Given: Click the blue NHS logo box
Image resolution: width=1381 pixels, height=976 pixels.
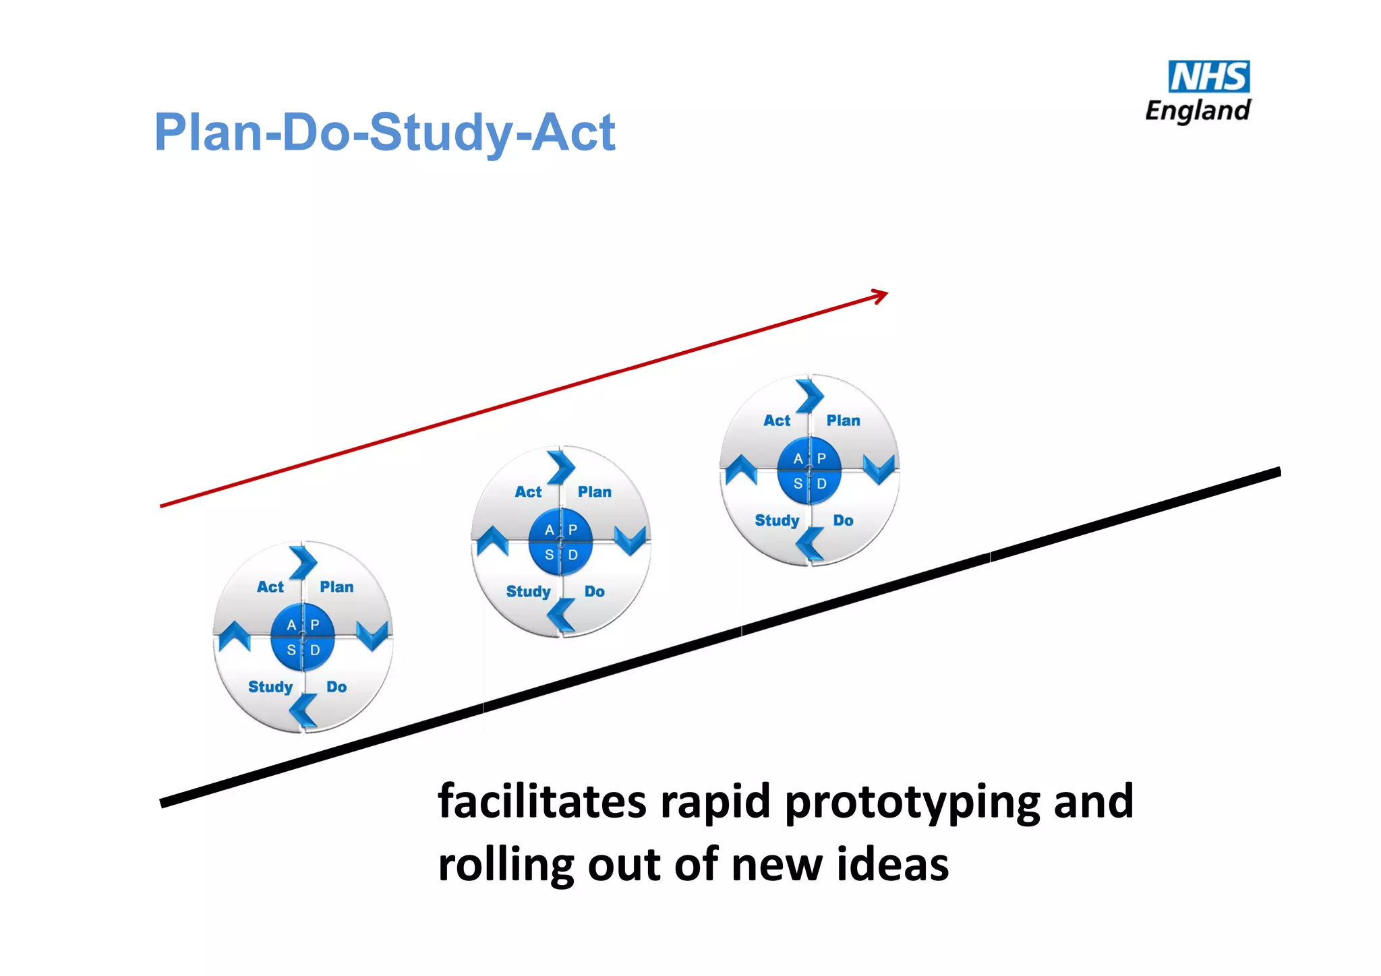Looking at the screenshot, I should tap(1208, 77).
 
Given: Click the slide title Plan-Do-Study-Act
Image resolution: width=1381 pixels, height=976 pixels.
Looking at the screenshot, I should tap(384, 132).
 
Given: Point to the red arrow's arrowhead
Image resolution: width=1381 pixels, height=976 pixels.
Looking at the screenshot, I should tap(881, 295).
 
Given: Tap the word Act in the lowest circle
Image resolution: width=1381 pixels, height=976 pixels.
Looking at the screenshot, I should tap(270, 587).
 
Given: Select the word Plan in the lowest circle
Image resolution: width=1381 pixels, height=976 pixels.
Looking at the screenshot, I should tap(336, 587).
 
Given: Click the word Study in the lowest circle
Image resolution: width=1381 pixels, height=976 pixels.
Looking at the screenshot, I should tap(270, 687).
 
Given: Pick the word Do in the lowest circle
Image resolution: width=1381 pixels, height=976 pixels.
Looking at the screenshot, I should tap(336, 687).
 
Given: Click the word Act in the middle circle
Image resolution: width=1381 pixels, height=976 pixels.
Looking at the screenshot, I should tap(528, 492).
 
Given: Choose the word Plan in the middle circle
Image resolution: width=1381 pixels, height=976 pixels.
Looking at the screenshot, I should tap(594, 492).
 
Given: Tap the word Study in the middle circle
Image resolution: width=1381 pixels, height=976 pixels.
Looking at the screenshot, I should tap(528, 592).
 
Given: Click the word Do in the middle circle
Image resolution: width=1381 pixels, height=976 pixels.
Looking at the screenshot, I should tap(594, 592).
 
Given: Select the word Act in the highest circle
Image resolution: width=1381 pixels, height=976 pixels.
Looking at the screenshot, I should tap(777, 421).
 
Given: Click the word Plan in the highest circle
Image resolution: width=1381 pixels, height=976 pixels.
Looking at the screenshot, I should tap(843, 421).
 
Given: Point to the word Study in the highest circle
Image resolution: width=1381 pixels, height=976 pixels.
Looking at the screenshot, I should tap(777, 520).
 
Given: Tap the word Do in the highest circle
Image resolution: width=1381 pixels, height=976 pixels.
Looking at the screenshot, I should tap(843, 520).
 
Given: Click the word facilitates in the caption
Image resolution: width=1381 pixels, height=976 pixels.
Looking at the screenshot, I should tap(542, 801).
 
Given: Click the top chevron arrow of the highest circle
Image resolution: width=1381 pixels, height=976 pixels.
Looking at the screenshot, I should tap(810, 396).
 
